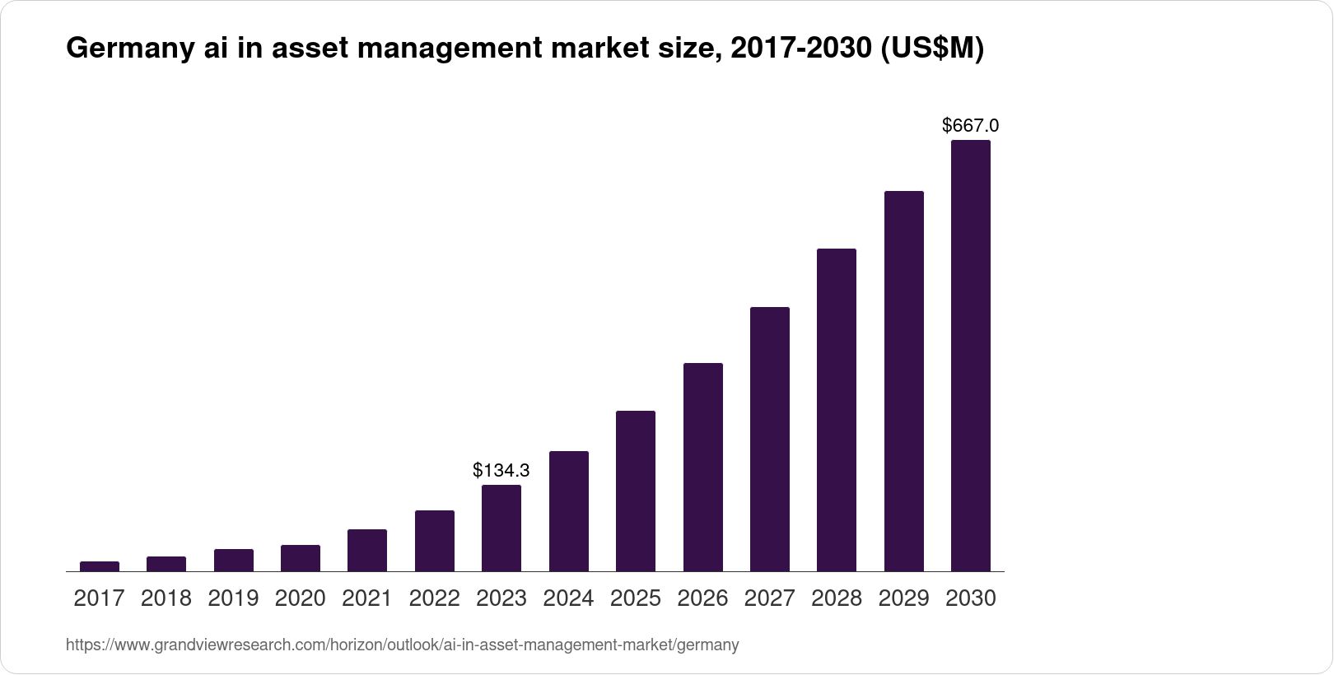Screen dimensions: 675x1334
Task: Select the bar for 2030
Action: coord(971,356)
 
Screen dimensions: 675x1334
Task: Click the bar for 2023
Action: coord(501,528)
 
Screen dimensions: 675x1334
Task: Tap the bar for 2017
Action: coord(100,566)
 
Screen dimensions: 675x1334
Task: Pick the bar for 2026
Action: coord(703,468)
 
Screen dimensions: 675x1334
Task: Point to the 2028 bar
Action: coord(837,410)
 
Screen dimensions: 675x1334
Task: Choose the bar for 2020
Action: coord(301,558)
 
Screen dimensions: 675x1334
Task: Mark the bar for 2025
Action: coord(636,491)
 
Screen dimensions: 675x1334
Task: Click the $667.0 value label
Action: coord(971,125)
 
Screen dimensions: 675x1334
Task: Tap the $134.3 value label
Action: coord(501,470)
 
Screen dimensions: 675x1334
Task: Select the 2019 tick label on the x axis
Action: coord(233,598)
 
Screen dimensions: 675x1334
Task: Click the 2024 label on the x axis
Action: coord(568,598)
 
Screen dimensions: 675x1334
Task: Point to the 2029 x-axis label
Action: coord(903,598)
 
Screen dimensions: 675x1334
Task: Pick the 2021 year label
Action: coord(367,598)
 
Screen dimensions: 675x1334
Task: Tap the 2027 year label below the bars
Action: coord(769,598)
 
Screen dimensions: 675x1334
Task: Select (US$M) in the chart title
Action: coord(932,50)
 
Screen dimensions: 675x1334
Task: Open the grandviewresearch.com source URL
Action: coord(402,645)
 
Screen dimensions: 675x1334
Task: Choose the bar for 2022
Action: coord(435,541)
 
